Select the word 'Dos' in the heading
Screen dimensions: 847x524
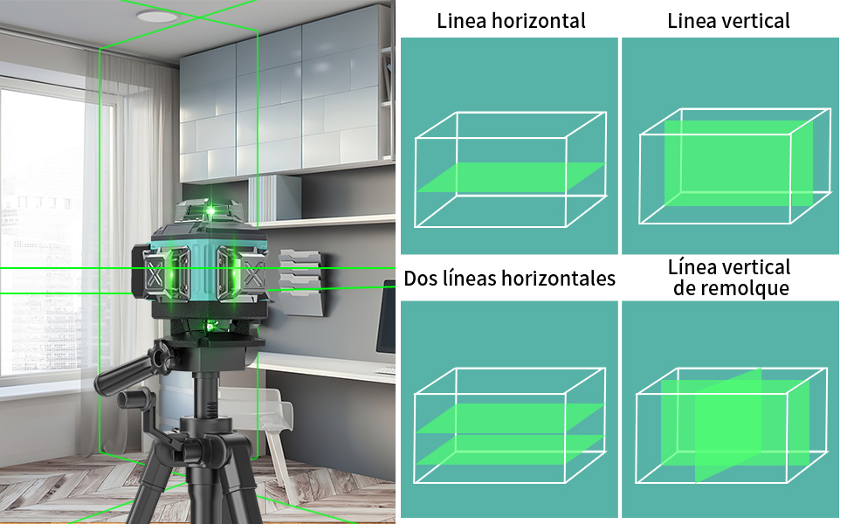[x=421, y=279]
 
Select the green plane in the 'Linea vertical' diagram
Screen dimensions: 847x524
[x=738, y=162]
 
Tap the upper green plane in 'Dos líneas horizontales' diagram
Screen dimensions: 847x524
[x=511, y=417]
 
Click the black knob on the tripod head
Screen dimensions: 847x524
[x=159, y=357]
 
